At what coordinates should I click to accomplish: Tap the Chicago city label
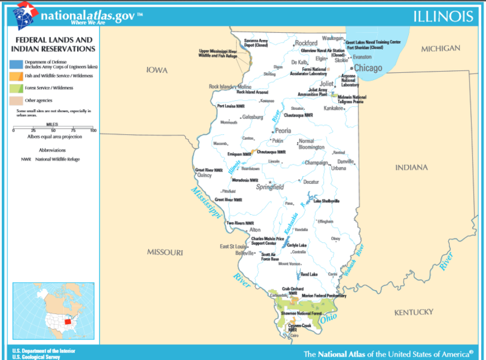(368, 68)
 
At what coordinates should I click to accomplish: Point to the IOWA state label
(156, 70)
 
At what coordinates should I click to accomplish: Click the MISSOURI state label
(165, 251)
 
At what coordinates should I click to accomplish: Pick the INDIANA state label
(411, 167)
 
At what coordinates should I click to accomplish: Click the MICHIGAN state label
(441, 49)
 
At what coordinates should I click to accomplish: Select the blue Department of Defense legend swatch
(16, 63)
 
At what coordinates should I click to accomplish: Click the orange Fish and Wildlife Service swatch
(16, 75)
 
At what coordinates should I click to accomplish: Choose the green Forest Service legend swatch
(16, 87)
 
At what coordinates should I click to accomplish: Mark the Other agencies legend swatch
(16, 100)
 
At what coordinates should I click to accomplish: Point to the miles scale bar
(53, 129)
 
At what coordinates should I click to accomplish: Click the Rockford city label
(306, 43)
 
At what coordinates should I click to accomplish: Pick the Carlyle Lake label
(296, 245)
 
